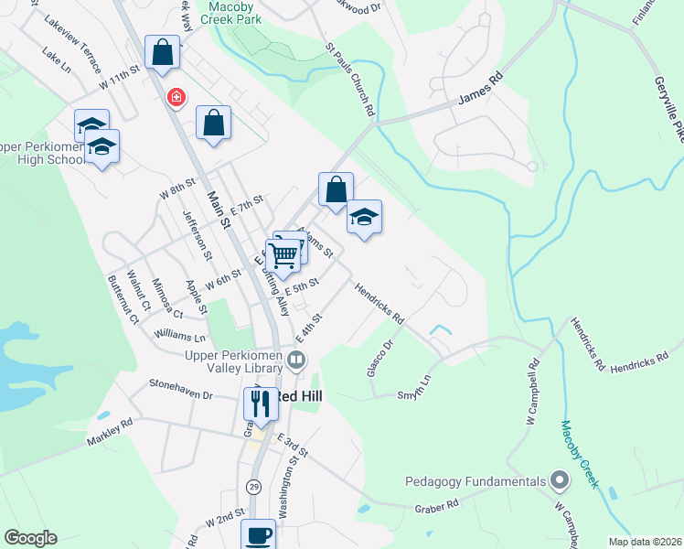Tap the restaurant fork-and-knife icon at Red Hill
(260, 402)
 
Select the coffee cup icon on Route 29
(257, 534)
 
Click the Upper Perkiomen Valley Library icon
(296, 361)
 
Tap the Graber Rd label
(435, 506)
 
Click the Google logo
(30, 538)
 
